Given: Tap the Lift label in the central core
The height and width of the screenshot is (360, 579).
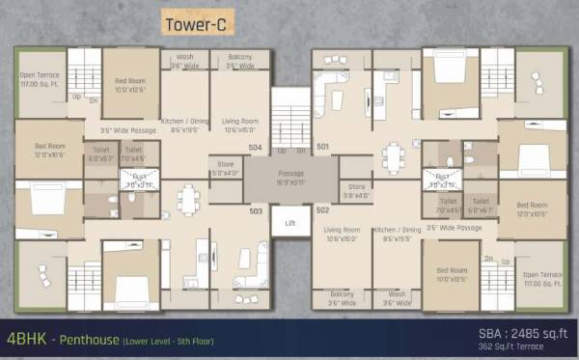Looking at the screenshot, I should tap(290, 222).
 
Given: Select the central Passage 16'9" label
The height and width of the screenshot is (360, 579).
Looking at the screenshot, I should tap(290, 177).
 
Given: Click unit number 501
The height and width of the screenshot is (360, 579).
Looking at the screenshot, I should tap(322, 148).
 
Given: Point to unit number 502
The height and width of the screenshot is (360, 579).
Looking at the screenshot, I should tap(322, 209).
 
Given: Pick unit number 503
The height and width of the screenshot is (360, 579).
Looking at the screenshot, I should tap(257, 209).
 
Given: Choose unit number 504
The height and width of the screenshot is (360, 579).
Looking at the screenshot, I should tap(256, 148).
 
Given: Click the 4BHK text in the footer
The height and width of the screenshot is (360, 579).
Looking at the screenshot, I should tap(26, 340).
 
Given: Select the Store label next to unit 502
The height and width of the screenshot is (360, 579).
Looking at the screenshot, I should tap(355, 190).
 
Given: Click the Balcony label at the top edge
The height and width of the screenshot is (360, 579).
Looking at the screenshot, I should tap(240, 62).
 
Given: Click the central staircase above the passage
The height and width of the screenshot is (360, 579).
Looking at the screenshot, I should tap(290, 121).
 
